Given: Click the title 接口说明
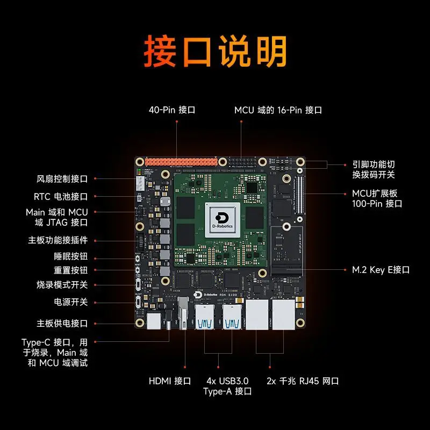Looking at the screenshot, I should coord(215,53).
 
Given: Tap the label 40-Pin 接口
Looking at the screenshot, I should coord(171,110).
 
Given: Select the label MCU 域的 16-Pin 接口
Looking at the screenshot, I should coord(278,110).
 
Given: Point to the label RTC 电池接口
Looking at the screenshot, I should coord(61,197).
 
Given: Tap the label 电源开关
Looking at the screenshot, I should coord(70,302).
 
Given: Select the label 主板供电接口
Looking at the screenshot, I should coord(62,324).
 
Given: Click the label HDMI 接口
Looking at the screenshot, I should coord(170,381).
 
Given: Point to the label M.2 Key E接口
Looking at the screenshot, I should coord(381,270).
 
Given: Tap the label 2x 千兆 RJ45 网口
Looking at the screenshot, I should coord(303,381).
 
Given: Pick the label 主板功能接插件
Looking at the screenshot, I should coord(58,240).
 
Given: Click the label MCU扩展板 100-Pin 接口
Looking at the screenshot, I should coord(377,198).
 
